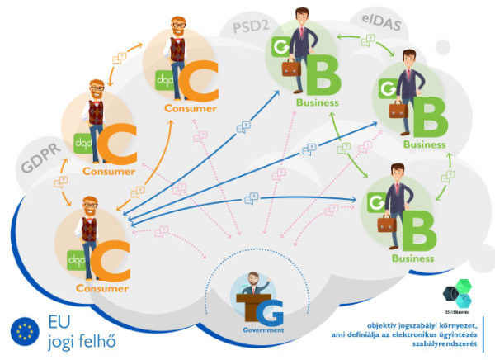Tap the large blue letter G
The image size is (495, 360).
tap(272, 312)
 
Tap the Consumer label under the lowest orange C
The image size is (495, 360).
tap(102, 289)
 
